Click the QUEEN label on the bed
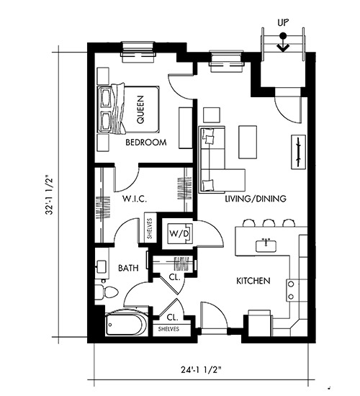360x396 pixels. (140, 109)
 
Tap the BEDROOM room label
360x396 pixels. (146, 143)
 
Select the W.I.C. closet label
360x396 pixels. (135, 199)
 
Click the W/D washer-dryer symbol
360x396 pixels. (179, 233)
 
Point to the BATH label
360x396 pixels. (128, 268)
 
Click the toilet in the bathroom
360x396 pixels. (107, 292)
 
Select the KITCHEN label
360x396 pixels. (253, 281)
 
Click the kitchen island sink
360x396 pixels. (266, 246)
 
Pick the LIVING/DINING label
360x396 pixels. (256, 199)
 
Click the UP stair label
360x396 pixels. (283, 23)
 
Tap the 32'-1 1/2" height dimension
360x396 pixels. (50, 194)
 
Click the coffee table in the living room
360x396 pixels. (248, 142)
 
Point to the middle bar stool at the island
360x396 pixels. (269, 223)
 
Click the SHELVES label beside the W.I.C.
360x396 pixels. (150, 228)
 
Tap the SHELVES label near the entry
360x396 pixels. (168, 329)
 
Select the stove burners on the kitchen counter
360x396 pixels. (291, 290)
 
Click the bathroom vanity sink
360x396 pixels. (102, 267)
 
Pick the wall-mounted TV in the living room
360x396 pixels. (298, 152)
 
